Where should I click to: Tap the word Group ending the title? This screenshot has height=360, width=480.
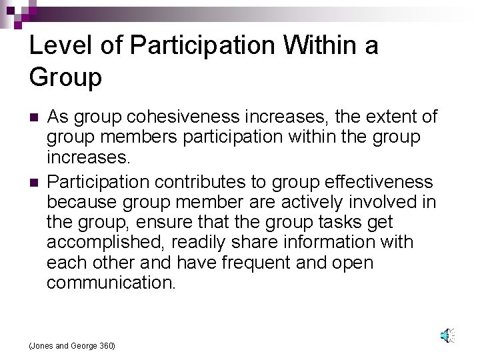(65, 77)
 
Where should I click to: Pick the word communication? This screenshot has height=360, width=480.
(111, 282)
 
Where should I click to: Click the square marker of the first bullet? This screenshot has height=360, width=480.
(33, 118)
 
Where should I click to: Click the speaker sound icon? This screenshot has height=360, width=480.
(447, 336)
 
